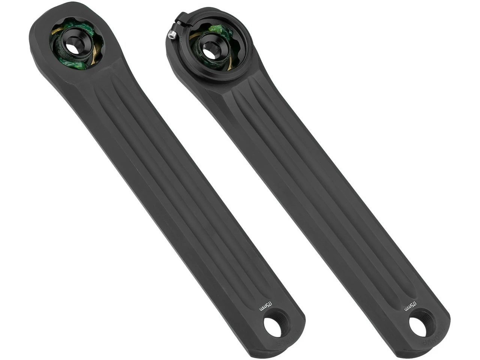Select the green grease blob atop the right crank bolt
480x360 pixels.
coord(216,29)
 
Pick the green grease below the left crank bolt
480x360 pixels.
coord(75,64)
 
